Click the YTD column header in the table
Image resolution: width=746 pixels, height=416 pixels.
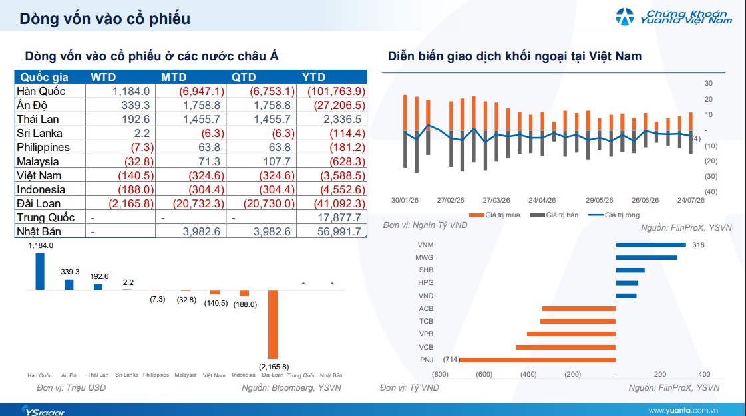coord(313,77)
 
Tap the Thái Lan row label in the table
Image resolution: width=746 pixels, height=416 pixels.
coord(37,119)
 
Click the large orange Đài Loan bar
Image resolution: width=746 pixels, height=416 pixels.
coord(273,324)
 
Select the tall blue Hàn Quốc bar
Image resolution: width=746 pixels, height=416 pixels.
coord(40,271)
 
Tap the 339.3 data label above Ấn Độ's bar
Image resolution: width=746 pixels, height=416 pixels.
coord(70,272)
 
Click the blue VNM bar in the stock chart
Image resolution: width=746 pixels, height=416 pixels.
coord(651,245)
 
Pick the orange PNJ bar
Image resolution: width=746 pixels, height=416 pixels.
coord(537,360)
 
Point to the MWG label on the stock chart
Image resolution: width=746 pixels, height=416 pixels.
coord(425,257)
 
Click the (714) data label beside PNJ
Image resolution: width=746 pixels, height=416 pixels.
coord(451,360)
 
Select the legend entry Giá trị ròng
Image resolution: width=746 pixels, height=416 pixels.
coord(614,215)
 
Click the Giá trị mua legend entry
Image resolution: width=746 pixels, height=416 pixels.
coord(494,215)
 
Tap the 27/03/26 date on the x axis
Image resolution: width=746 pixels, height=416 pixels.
coord(496,201)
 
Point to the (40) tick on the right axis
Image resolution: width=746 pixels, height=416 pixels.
coord(711,192)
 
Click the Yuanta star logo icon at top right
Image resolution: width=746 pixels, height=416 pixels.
coord(625,17)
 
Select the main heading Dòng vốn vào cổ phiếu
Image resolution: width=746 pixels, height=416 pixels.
coord(104,19)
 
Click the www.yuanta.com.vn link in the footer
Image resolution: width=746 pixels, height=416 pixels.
coord(683,410)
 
